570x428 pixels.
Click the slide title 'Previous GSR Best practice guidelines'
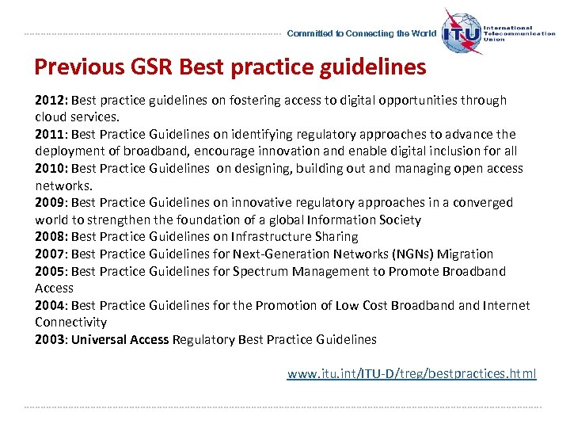click(230, 67)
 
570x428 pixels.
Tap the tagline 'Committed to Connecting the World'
click(361, 34)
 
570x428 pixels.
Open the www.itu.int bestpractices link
click(411, 373)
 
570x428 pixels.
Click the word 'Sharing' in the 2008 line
click(336, 237)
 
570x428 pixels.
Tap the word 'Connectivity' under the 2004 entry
click(70, 323)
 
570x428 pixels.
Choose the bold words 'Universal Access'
click(120, 340)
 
